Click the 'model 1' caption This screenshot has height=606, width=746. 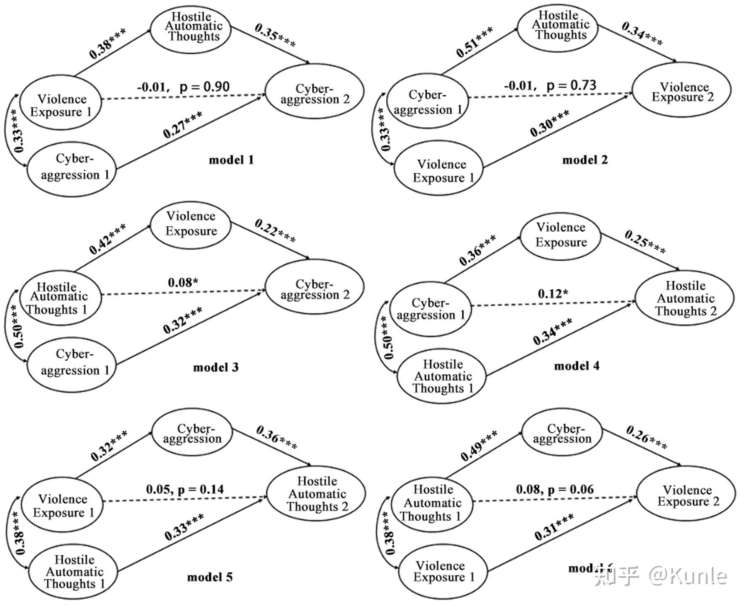point(231,160)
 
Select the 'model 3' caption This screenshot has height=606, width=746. point(216,367)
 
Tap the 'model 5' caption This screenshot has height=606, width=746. point(210,577)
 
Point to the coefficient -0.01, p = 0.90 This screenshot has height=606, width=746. point(183,87)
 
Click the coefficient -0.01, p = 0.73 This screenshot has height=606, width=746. point(550,86)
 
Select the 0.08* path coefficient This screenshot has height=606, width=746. point(183,283)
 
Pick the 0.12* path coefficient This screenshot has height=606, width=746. point(553,294)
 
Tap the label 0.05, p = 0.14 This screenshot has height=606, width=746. point(185,489)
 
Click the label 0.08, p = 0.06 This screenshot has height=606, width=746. point(555,489)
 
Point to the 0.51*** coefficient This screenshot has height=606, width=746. point(474,42)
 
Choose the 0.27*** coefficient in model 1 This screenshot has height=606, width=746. point(183,124)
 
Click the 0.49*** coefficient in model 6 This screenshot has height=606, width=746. point(479,446)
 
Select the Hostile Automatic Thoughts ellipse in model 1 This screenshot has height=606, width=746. point(191,27)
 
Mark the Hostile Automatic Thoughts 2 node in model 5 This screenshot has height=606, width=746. point(317,494)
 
